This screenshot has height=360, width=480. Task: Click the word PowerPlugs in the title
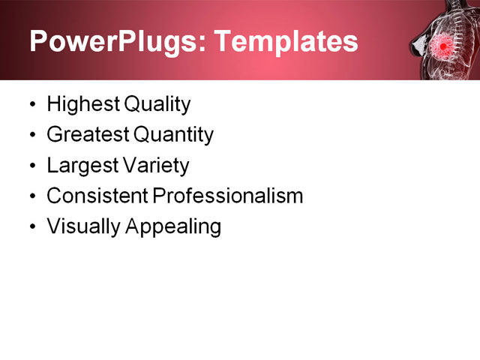click(113, 41)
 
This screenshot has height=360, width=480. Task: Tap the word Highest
click(83, 105)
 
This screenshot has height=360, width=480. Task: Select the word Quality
click(157, 105)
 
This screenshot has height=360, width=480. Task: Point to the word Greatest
click(88, 134)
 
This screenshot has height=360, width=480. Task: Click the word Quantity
click(173, 135)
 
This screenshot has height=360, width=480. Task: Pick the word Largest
click(82, 166)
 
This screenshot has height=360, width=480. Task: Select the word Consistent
click(97, 196)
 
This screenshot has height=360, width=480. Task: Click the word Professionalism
click(227, 196)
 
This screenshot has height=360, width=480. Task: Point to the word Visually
click(83, 226)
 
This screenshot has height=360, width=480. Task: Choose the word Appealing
click(173, 226)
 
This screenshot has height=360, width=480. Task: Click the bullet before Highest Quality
click(33, 104)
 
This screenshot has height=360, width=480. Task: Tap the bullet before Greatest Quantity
click(33, 135)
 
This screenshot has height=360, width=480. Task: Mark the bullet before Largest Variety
click(33, 165)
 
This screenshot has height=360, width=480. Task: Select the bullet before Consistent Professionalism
click(33, 196)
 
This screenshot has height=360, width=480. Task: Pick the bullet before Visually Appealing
click(33, 226)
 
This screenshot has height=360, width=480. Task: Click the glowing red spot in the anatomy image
click(443, 46)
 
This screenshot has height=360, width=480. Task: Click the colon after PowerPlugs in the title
click(202, 44)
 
